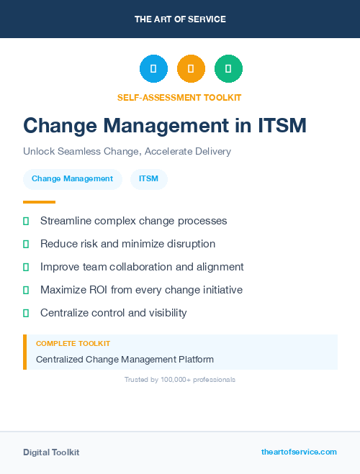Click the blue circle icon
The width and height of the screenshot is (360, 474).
pos(153,68)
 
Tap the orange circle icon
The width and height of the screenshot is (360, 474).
pos(191,68)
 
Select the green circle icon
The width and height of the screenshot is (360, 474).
pos(228,68)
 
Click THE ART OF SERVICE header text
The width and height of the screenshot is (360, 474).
pos(180,19)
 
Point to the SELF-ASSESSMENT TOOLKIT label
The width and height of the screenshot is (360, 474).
pos(179,97)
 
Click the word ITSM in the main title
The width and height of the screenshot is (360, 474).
pos(282,125)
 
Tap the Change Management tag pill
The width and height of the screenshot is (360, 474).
pos(72,179)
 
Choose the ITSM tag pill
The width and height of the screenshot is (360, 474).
pos(148,179)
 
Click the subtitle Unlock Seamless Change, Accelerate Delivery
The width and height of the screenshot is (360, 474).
pos(127,152)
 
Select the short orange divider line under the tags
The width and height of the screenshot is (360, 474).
pos(39,202)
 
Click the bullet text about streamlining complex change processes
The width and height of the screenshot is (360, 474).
pos(133,221)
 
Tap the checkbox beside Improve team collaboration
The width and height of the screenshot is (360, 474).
pos(26,267)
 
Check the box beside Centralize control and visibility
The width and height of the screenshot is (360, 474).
pos(26,313)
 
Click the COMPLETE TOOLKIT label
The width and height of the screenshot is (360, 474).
pos(73,344)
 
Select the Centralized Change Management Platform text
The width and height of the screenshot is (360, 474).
pos(125,359)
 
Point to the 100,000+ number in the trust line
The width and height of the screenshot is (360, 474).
pos(169,379)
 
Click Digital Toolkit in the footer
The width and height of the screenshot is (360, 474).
pos(51,452)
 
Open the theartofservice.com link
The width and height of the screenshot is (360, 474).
pos(299,452)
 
